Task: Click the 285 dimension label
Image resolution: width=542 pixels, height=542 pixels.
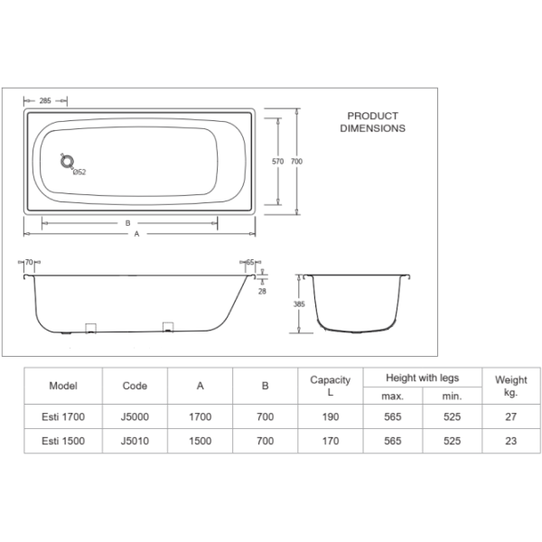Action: tap(44, 100)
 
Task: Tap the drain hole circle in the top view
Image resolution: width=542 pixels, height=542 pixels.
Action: tap(65, 162)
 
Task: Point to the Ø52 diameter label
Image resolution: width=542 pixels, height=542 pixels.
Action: tap(79, 173)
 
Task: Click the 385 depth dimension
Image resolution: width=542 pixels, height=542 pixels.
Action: tap(299, 304)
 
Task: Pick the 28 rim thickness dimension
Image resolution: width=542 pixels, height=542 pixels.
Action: tap(262, 290)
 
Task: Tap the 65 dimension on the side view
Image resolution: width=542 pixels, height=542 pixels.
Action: tap(250, 262)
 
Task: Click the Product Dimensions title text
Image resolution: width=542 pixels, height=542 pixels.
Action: tap(372, 122)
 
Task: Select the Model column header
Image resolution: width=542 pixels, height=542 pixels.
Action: tap(62, 385)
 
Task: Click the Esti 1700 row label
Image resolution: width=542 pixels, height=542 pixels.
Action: tap(62, 417)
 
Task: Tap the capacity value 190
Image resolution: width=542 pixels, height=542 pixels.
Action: tap(330, 417)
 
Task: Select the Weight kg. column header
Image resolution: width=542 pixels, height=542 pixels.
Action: tap(511, 386)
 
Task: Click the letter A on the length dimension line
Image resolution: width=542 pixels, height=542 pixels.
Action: tap(136, 233)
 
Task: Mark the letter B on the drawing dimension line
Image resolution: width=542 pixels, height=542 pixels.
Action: tap(127, 222)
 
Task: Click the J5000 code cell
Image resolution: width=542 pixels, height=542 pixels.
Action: tap(135, 417)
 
